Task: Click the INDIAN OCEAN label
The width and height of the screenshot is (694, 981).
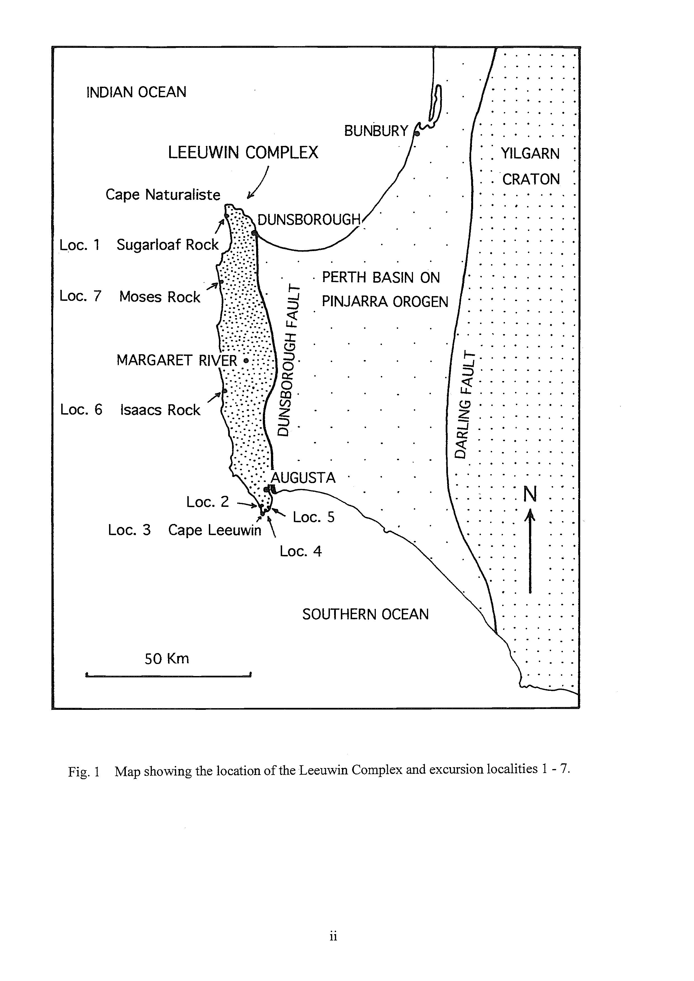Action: (x=136, y=92)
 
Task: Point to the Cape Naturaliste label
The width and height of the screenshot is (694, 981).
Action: (x=163, y=195)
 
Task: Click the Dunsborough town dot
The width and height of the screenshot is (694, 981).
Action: (x=254, y=233)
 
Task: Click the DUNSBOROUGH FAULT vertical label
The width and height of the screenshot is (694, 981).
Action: (x=289, y=359)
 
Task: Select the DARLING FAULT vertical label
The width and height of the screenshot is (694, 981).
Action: (x=466, y=405)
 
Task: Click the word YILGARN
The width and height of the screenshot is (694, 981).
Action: (x=530, y=154)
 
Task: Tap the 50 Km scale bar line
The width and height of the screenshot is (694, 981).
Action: (x=168, y=675)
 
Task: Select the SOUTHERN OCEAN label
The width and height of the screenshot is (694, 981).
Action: (x=365, y=614)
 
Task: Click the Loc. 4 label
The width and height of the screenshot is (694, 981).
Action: (x=300, y=552)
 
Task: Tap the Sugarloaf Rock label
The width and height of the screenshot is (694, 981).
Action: (x=167, y=245)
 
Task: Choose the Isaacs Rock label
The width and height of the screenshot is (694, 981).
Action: (x=160, y=410)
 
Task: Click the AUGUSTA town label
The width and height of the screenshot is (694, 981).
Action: (x=303, y=478)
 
